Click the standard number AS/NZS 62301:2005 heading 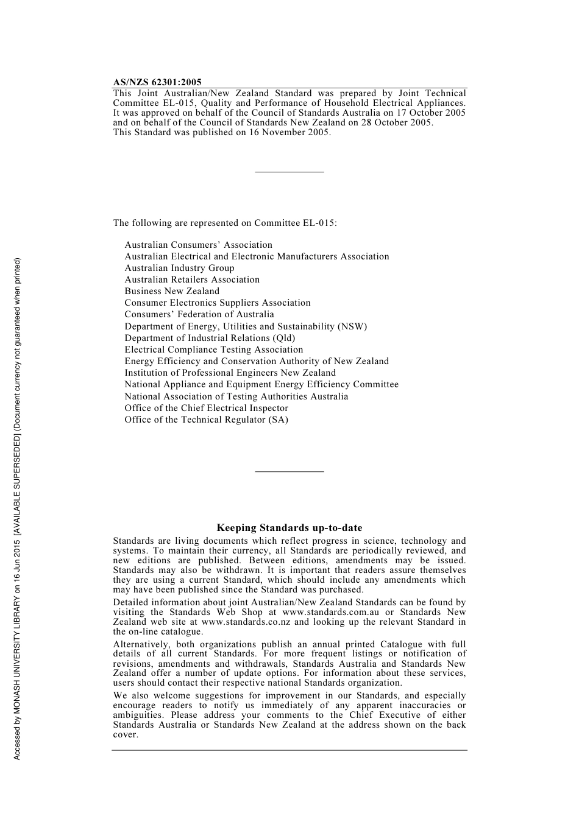tap(157, 82)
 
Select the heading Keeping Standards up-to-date tap(289, 528)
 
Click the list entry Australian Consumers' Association tap(198, 245)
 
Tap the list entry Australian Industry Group tap(179, 268)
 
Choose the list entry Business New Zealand tap(172, 291)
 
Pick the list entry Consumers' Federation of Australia tap(199, 314)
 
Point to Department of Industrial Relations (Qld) tap(210, 338)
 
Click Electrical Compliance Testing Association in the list tap(213, 350)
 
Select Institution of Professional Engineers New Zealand tap(230, 373)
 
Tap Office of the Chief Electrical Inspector tap(206, 408)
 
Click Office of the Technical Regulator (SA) tap(206, 420)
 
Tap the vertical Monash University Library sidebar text tap(17, 508)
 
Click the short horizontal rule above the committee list tap(289, 172)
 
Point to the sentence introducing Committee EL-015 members tap(224, 223)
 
